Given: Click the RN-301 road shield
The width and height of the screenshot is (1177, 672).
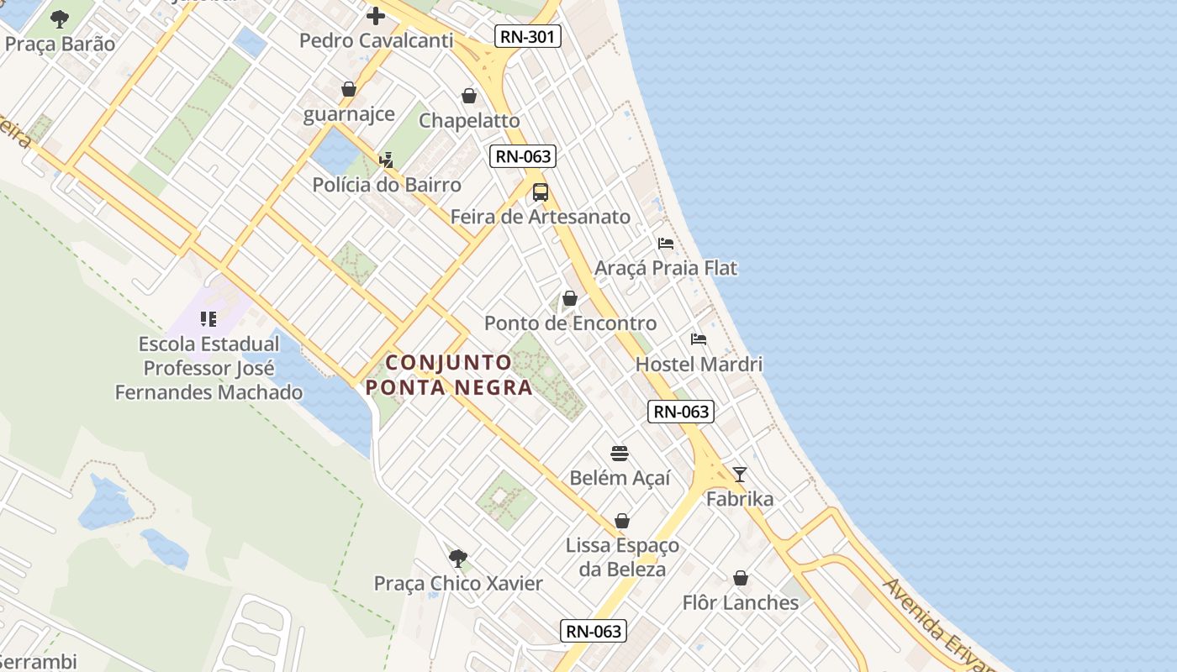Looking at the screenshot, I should pos(527,35).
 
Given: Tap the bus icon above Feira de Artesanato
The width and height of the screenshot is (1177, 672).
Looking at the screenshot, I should pos(540,192).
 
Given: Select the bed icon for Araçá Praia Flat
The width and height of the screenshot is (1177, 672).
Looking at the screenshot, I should pos(666,244).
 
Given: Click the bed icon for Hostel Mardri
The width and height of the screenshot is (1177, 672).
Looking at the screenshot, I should pos(699,339).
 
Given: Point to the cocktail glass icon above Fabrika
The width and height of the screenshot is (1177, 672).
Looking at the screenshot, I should pos(739,475).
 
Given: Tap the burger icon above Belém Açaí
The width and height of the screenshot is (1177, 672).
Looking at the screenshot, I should pos(620,454).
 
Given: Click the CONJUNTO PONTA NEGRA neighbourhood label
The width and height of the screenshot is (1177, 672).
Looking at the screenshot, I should pos(449,375).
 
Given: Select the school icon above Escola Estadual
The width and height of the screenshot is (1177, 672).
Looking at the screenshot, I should pos(208,319).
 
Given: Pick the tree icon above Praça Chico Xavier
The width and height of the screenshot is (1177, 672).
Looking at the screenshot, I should pos(458,558).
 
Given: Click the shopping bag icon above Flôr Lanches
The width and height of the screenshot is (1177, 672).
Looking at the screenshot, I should pos(741,578).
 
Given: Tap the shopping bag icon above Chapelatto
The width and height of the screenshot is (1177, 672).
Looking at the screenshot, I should pos(469,96).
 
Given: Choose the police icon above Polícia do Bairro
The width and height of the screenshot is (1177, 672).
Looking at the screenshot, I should pos(387,160).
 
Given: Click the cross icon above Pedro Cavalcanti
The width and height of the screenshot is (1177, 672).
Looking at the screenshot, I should pos(376,15).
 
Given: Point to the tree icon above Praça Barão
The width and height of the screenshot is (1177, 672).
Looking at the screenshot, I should pos(60,18).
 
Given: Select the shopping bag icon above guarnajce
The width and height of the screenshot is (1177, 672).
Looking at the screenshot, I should pos(349,89).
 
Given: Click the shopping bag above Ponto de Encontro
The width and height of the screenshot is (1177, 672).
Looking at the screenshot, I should pos(570,298).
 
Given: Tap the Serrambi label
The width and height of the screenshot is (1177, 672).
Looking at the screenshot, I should pos(38,661).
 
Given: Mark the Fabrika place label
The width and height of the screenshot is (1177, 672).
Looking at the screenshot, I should pos(740,499).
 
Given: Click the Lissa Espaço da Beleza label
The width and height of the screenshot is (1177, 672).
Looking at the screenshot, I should pos(622,557).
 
